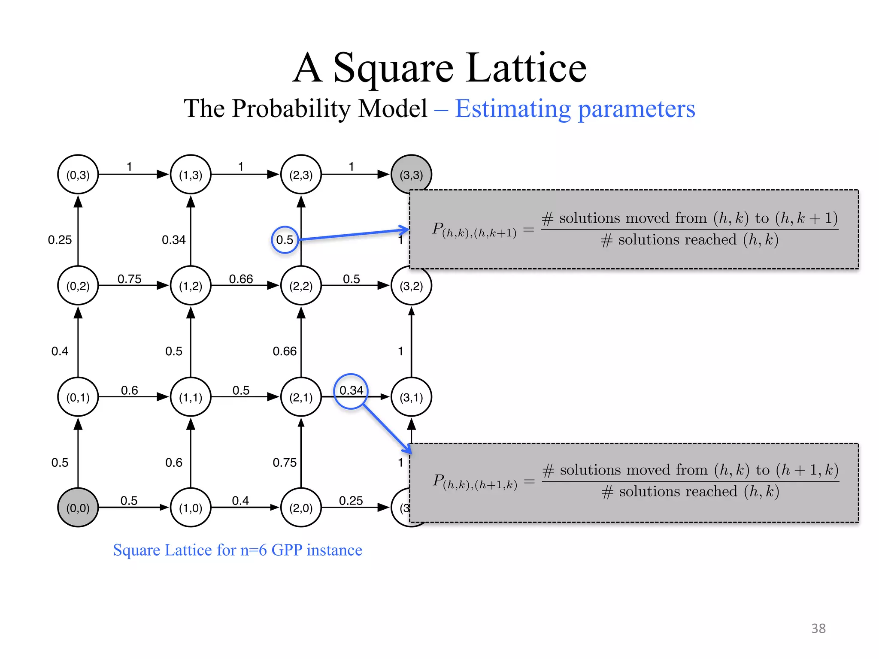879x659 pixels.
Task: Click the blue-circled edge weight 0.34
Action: (351, 390)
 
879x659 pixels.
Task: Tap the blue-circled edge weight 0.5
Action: (285, 240)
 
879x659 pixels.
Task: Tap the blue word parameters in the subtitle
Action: (637, 109)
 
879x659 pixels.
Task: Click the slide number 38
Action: (818, 629)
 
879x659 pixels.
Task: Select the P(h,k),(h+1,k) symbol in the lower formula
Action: (475, 481)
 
